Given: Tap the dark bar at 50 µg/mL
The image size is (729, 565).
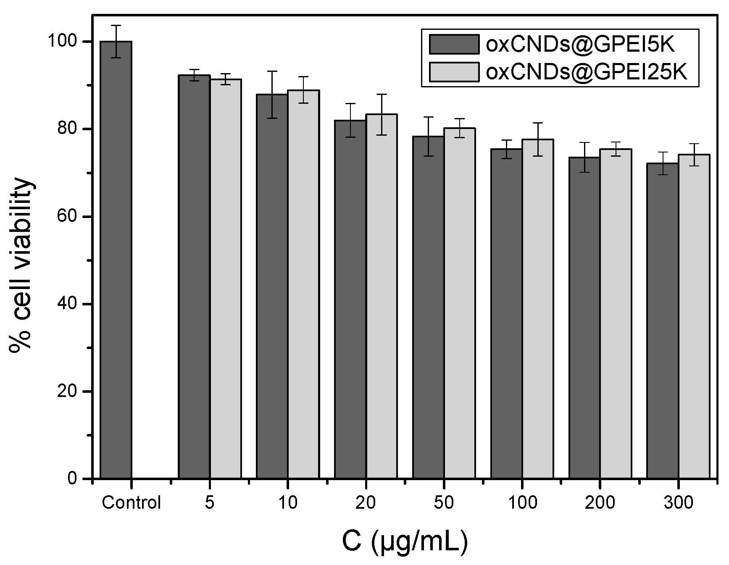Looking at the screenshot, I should pos(428,307).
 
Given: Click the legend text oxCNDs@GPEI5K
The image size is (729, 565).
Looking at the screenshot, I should pos(580,44).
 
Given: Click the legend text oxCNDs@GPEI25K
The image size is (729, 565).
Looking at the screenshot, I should pos(586,72).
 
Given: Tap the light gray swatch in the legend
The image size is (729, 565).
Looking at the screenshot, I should pos(454,72).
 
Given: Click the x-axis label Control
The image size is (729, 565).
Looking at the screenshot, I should pos(132,502).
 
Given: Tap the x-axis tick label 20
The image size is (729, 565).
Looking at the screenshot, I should pos(366,502).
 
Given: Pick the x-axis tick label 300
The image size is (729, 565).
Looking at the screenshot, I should pos(678,502).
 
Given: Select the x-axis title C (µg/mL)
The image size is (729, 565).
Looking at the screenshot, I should pos(404,542).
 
